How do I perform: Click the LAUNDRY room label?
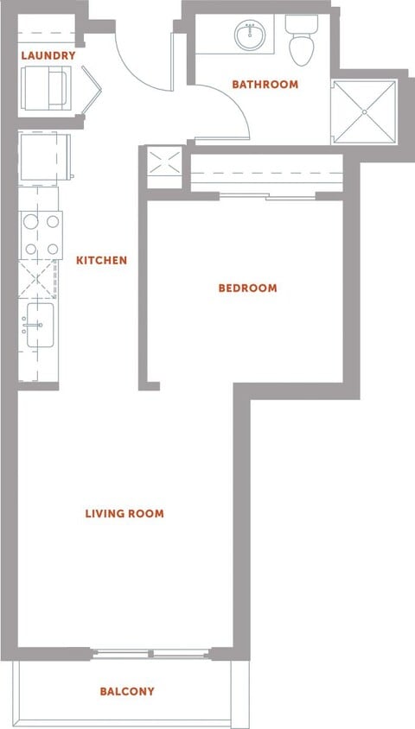[x=48, y=55]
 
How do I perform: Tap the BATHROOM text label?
[x=265, y=84]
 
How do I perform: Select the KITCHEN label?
[x=102, y=260]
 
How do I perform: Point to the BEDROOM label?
[x=247, y=288]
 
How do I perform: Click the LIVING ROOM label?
[x=124, y=513]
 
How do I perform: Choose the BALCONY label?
[x=127, y=691]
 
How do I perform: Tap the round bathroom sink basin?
[x=250, y=35]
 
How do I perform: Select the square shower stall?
[x=365, y=112]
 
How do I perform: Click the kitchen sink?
[x=40, y=326]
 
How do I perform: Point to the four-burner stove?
[x=41, y=235]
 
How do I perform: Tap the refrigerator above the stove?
[x=42, y=156]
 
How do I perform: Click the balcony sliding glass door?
[x=152, y=653]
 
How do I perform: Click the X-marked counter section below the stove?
[x=37, y=279]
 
